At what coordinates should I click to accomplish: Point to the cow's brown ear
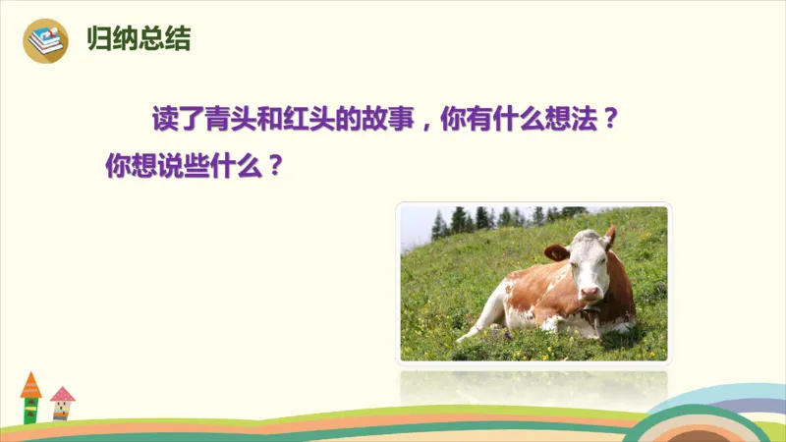point(557,251)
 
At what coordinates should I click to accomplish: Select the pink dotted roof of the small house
point(62,394)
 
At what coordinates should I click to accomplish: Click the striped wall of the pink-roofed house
point(62,412)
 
